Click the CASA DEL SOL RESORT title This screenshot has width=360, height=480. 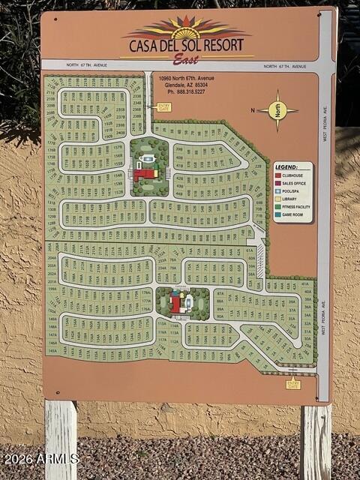point(187,45)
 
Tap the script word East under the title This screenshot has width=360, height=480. point(186,59)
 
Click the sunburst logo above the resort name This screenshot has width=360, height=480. point(187,28)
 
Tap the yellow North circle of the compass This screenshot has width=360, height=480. point(278,110)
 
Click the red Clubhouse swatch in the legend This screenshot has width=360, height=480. point(279,175)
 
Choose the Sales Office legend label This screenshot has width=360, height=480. point(294,183)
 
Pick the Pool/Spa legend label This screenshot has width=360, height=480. point(292,190)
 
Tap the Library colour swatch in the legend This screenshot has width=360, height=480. point(279,199)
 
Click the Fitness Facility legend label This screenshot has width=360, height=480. point(296,206)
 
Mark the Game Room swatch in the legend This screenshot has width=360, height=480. point(279,214)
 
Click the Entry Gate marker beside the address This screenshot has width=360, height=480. point(163,107)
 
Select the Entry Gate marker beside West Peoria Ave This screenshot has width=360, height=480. point(293,384)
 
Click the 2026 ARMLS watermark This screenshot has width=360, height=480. point(40,458)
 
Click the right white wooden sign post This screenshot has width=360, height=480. point(316,442)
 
